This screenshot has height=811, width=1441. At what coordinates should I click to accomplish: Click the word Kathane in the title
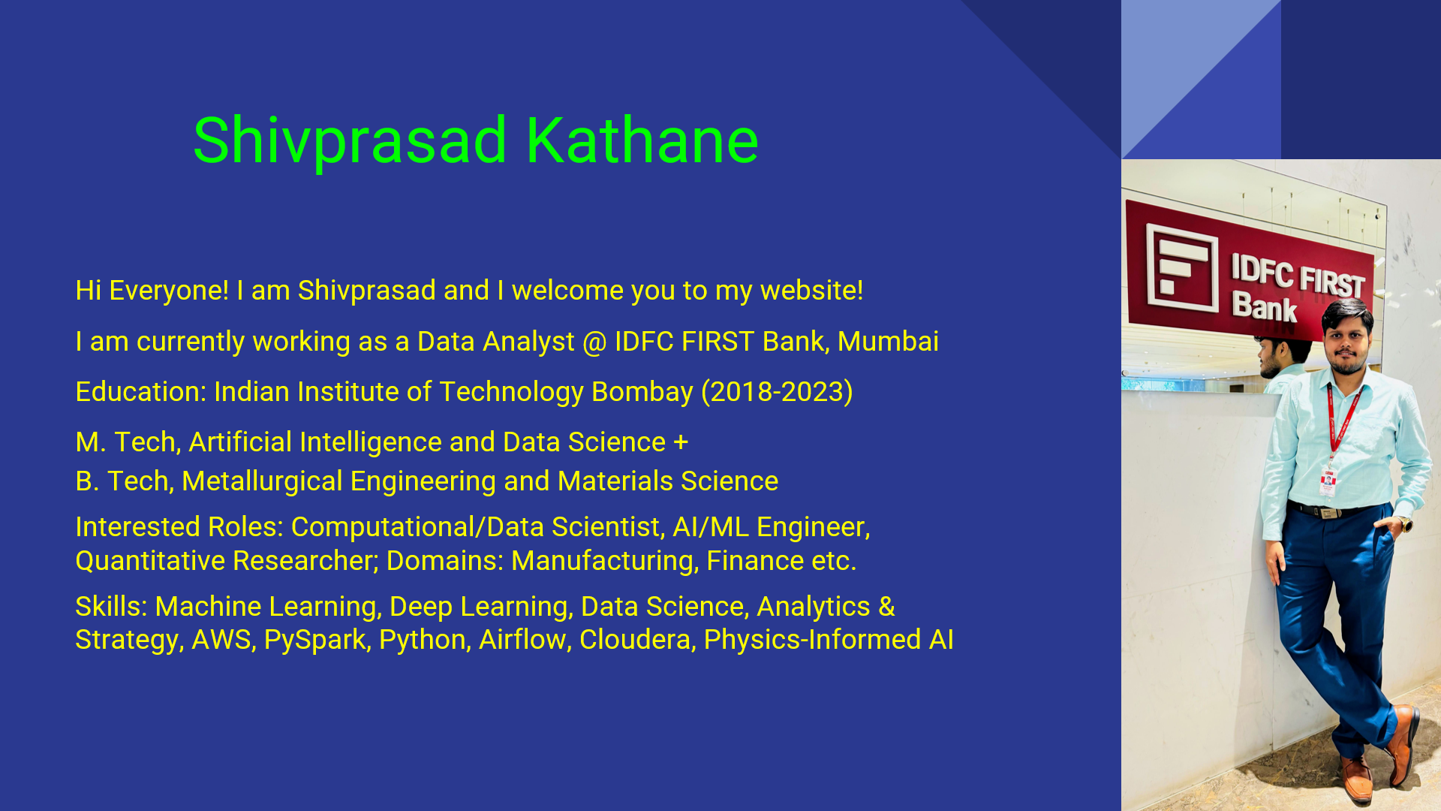pos(642,140)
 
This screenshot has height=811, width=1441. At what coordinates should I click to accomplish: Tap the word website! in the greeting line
pos(811,291)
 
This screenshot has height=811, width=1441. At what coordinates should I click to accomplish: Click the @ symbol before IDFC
pos(594,342)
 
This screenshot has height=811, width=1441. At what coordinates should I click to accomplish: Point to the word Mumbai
pos(888,342)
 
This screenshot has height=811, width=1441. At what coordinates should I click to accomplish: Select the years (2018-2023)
pos(777,392)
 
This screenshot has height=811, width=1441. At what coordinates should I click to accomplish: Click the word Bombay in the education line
pos(642,393)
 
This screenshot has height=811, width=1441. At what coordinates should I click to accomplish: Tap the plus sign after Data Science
pos(681,442)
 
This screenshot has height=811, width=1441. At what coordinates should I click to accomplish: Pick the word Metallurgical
pos(262,482)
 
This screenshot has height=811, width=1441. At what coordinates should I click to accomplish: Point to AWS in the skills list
pos(223,640)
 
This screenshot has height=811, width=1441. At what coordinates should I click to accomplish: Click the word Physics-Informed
pos(812,641)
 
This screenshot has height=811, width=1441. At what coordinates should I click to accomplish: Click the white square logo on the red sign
pos(1181,268)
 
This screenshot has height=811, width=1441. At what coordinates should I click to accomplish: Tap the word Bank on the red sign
pos(1264,307)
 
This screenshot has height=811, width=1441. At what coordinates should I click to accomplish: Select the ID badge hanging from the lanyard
pos(1328,481)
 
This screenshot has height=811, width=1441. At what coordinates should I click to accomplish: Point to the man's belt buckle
pos(1327,513)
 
